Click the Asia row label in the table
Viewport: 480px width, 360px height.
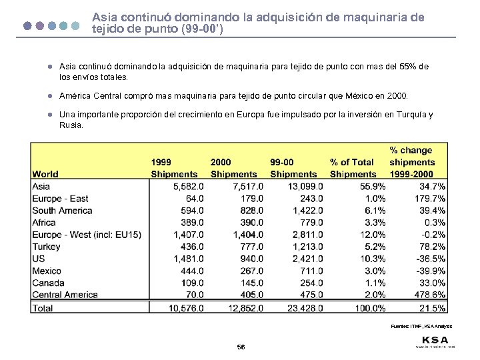pos(41,187)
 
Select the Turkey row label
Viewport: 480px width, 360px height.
pos(46,247)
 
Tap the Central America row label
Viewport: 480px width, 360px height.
pos(65,295)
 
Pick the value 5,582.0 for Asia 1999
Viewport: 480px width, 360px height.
pos(187,187)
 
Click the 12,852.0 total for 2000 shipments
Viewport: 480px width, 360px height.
pos(245,308)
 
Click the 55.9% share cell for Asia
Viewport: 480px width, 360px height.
pos(371,187)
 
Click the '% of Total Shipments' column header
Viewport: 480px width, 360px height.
pos(353,168)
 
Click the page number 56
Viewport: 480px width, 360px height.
pos(241,347)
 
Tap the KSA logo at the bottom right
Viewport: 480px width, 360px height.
pos(435,339)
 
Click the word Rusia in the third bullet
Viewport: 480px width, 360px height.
pos(71,125)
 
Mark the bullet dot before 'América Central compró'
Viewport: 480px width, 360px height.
pos(49,96)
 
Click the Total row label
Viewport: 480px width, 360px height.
pos(43,308)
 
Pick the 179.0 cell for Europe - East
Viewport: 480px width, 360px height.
pos(250,199)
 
